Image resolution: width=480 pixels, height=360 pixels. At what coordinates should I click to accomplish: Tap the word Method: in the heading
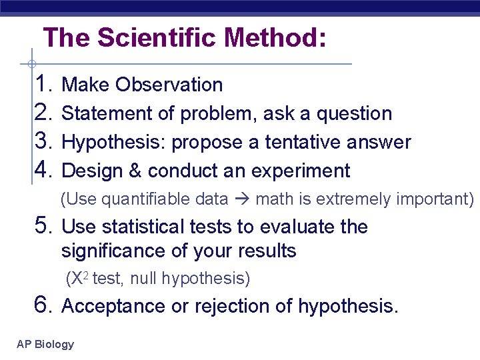click(275, 38)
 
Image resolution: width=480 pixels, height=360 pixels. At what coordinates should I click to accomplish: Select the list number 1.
click(43, 85)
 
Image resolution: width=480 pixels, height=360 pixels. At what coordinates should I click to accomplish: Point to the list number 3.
click(43, 142)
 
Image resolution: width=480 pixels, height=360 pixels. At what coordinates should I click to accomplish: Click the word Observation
click(169, 85)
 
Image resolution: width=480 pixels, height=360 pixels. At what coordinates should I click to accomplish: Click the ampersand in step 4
click(135, 171)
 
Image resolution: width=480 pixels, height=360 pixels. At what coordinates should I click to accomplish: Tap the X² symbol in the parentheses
click(79, 278)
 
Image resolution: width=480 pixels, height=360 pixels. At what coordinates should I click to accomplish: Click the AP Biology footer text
click(45, 345)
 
